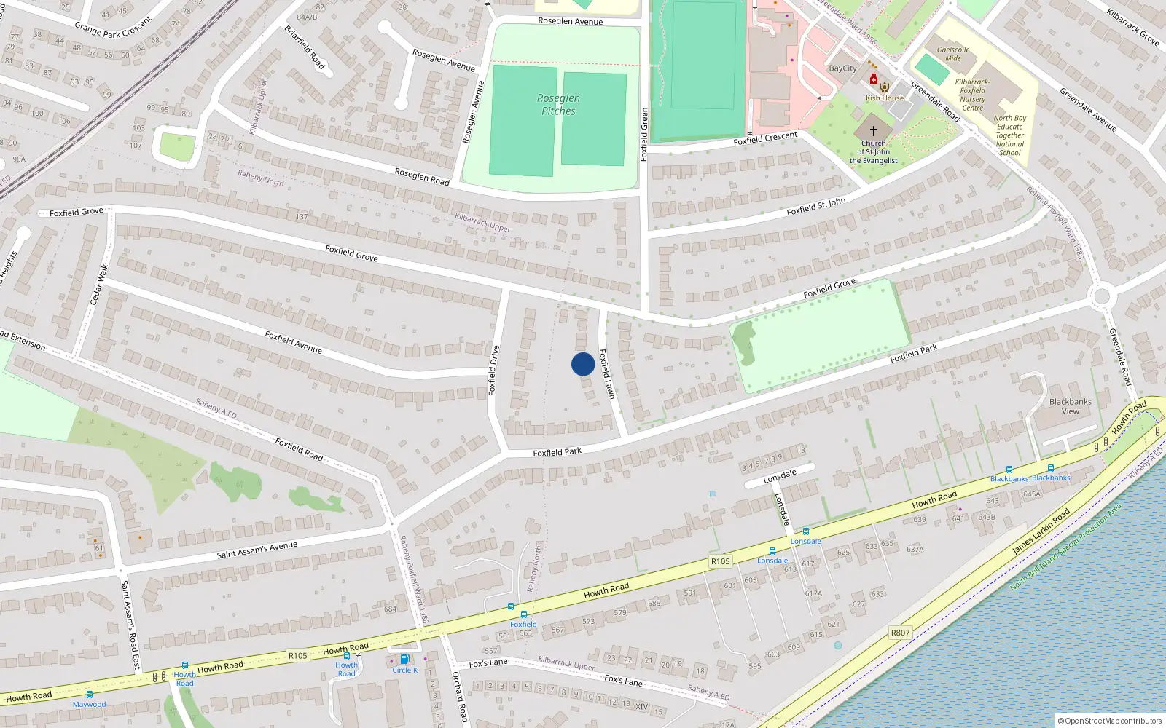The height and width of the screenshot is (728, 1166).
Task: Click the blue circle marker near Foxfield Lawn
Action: pyautogui.click(x=582, y=364)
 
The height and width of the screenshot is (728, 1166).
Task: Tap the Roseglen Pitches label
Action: pyautogui.click(x=558, y=104)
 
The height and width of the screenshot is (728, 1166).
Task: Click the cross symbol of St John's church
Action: pyautogui.click(x=873, y=130)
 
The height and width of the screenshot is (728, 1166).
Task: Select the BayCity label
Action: pyautogui.click(x=842, y=68)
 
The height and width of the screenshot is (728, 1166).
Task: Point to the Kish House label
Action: pyautogui.click(x=885, y=98)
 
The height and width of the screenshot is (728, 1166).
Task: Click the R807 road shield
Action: pyautogui.click(x=900, y=633)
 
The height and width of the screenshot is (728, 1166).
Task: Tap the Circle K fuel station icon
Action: pyautogui.click(x=404, y=660)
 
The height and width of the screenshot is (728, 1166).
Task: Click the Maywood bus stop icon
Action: pyautogui.click(x=90, y=695)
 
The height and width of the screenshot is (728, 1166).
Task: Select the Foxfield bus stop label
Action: pyautogui.click(x=523, y=624)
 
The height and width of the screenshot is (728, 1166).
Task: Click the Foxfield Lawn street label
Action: pyautogui.click(x=607, y=373)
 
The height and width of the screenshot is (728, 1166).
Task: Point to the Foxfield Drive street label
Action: pyautogui.click(x=493, y=371)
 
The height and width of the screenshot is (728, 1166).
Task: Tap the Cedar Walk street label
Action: pyautogui.click(x=98, y=285)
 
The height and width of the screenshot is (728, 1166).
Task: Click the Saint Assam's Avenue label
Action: pyautogui.click(x=257, y=550)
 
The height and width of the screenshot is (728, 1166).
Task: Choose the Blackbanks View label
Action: pyautogui.click(x=1071, y=406)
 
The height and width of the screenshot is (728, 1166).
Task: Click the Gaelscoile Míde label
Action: pyautogui.click(x=953, y=54)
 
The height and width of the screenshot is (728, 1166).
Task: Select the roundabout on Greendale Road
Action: pyautogui.click(x=1101, y=296)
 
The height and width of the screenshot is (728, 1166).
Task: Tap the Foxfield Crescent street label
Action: pyautogui.click(x=765, y=138)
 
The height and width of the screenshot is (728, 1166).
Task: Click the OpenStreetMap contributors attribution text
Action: pyautogui.click(x=1110, y=721)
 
